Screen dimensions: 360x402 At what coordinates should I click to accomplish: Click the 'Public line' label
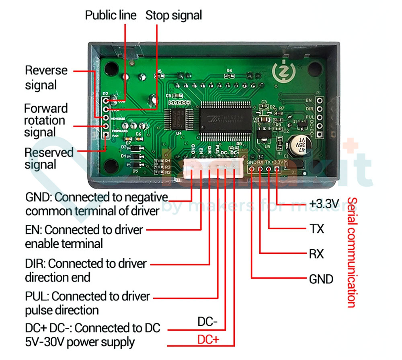coord(111,15)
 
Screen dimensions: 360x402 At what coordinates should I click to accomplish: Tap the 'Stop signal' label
coord(173,15)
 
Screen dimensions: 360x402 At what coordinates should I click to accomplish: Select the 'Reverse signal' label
coord(46,78)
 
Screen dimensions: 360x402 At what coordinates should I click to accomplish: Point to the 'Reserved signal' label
coord(49,158)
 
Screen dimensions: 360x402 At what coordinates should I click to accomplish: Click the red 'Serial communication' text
coord(351,252)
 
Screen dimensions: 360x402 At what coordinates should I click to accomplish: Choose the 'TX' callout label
coord(316,229)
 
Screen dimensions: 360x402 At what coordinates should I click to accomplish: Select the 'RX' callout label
coord(316,254)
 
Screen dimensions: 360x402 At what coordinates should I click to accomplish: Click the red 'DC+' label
coord(208,339)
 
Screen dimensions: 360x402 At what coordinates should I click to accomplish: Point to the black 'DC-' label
coord(207,322)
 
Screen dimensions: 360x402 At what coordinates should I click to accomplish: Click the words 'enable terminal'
coord(64,243)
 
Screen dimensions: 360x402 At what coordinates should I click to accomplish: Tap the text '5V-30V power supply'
coord(80,342)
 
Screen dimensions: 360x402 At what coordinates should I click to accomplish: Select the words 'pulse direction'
coord(62,310)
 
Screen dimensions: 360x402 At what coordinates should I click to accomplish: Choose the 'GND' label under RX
coord(321,279)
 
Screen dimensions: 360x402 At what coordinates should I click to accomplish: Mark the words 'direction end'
coord(57,277)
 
